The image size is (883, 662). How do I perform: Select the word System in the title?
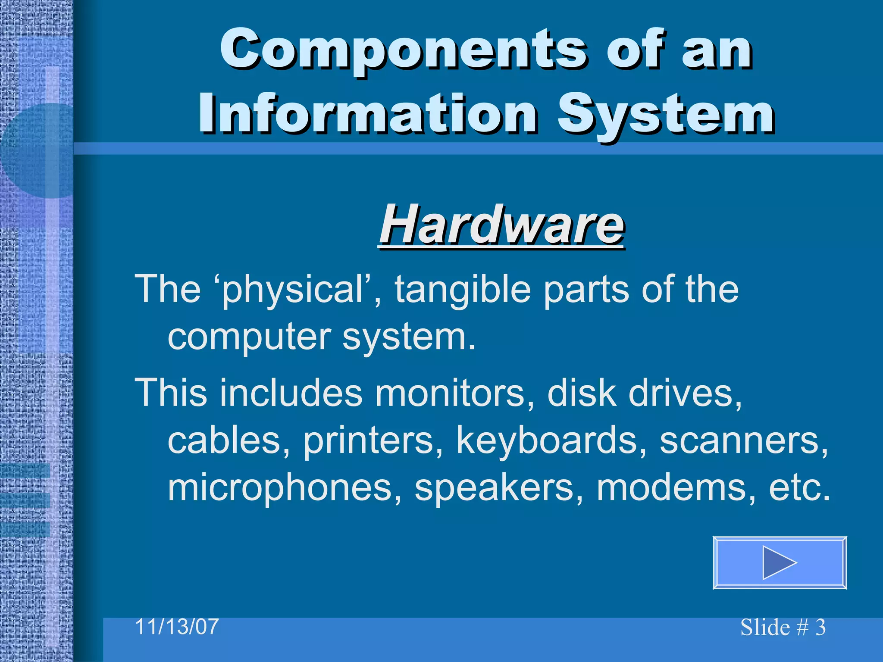666,114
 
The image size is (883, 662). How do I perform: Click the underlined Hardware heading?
501,225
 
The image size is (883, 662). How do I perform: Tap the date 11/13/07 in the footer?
177,626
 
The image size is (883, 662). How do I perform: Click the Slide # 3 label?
783,627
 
